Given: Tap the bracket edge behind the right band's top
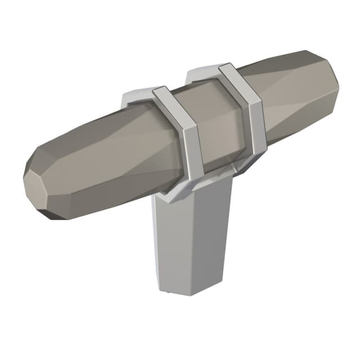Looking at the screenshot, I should [200, 73].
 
